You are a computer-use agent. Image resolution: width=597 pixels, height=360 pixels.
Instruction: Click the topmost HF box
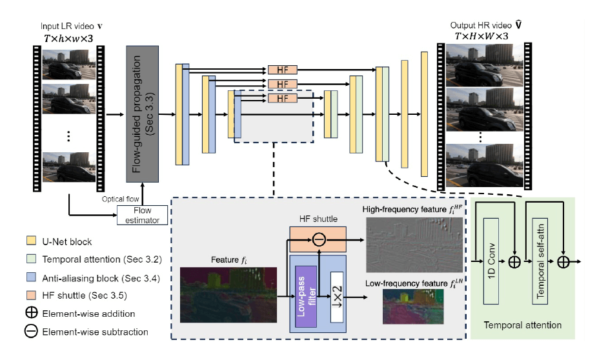(x=282, y=69)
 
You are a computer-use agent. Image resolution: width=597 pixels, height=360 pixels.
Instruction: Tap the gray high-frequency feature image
(x=413, y=245)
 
